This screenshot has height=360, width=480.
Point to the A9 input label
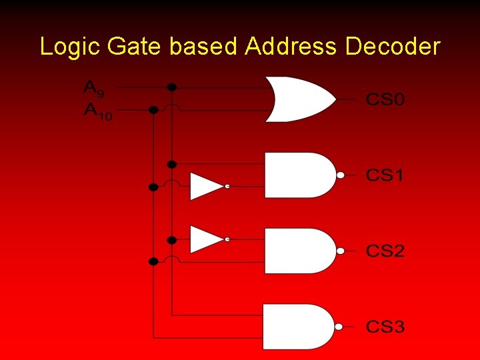coord(93,88)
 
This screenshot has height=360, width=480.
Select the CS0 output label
coord(385,101)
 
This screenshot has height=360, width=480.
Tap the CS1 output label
coord(385,176)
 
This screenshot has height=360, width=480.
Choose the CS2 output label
coord(385,251)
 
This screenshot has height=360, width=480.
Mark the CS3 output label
coord(385,327)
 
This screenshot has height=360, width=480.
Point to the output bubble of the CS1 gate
coord(340,175)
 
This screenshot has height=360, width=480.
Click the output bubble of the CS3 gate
coord(339,327)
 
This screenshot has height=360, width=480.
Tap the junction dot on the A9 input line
coord(172,87)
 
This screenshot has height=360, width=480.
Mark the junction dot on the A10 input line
coord(153,110)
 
